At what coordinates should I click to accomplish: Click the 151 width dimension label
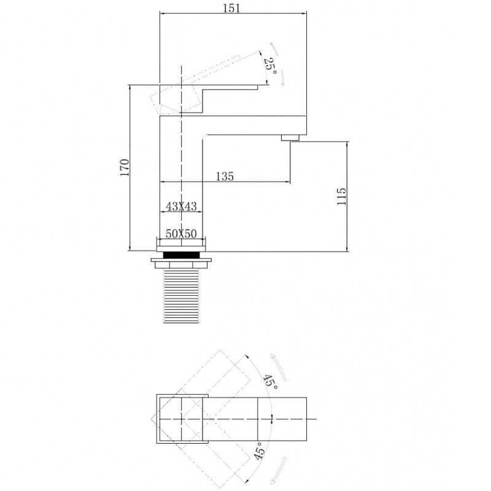pyautogui.click(x=231, y=8)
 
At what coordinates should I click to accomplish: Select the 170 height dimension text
pyautogui.click(x=125, y=168)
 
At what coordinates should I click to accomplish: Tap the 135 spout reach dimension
pyautogui.click(x=225, y=177)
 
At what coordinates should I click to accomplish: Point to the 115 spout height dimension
pyautogui.click(x=341, y=196)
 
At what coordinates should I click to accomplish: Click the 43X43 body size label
pyautogui.click(x=181, y=206)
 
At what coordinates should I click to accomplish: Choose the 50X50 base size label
pyautogui.click(x=181, y=234)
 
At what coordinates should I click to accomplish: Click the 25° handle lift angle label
pyautogui.click(x=271, y=66)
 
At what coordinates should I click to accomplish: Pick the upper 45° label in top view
pyautogui.click(x=271, y=382)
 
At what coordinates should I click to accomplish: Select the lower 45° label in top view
pyautogui.click(x=260, y=451)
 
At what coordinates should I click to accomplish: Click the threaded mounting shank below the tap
pyautogui.click(x=182, y=296)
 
